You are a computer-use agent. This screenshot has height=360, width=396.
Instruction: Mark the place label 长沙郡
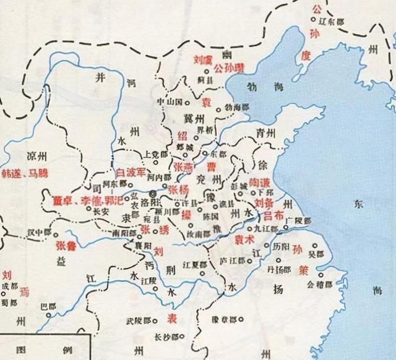pos(166,336)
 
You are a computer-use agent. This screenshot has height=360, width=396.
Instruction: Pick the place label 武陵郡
pos(138,322)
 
